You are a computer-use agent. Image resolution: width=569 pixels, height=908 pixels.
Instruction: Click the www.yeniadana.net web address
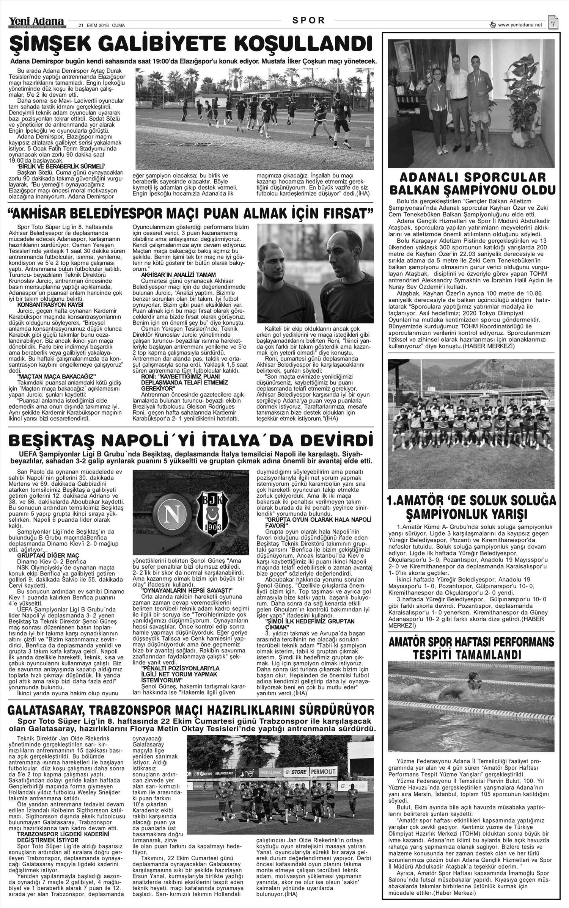[520, 25]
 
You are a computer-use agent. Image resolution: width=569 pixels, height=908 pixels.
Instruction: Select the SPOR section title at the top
[309, 20]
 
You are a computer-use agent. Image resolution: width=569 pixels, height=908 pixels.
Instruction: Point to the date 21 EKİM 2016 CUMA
[101, 25]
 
